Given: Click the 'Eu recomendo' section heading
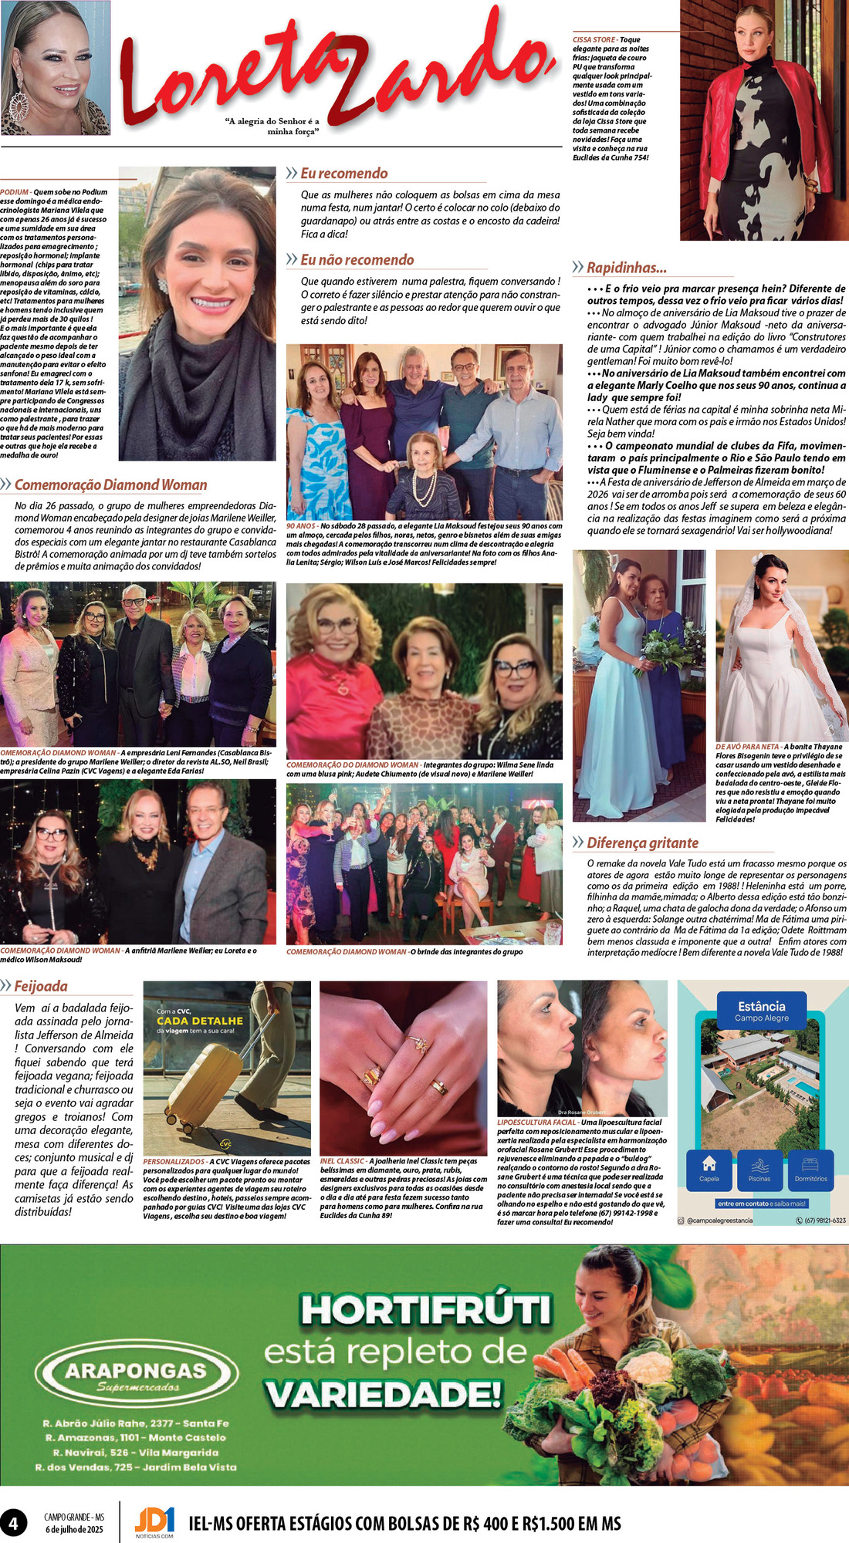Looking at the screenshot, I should (x=343, y=174).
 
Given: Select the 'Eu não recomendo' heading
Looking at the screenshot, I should (x=357, y=260).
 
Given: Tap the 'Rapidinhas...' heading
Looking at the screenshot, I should (x=626, y=268).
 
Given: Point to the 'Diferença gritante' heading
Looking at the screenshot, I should (x=642, y=843).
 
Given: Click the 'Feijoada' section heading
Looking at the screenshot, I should (x=40, y=986).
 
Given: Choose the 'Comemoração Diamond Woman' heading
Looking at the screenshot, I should (x=110, y=485).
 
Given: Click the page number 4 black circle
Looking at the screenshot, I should (x=13, y=1523).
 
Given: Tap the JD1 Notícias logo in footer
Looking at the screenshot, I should (x=154, y=1522).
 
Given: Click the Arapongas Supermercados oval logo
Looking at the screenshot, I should (x=137, y=1375).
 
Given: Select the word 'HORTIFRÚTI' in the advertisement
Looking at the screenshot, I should (x=425, y=1310).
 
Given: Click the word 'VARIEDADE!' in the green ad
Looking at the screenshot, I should (x=383, y=1394).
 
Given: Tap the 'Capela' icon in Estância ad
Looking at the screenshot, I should (x=709, y=1168).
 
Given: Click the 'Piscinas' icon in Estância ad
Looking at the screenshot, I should (x=759, y=1168).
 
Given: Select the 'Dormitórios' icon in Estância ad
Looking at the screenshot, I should (x=810, y=1168).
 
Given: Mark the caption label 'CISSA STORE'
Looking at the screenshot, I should (x=594, y=39).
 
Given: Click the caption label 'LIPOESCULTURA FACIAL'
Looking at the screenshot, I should (x=536, y=1123).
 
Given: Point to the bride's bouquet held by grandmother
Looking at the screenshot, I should (x=658, y=649).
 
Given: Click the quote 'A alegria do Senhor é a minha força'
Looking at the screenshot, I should (x=272, y=126).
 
